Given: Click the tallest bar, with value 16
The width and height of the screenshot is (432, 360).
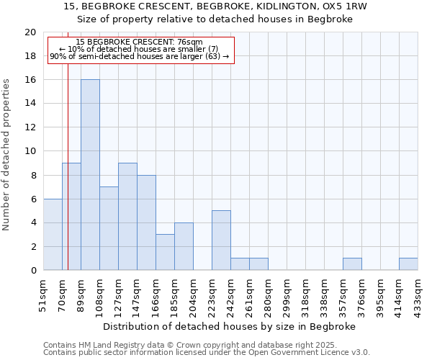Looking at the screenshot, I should click(90, 175).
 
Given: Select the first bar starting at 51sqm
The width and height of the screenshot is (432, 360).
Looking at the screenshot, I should click(53, 235).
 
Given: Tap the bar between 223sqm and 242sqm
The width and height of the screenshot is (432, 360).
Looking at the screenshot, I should click(221, 240).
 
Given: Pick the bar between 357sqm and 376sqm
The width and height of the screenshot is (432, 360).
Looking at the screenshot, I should click(352, 264).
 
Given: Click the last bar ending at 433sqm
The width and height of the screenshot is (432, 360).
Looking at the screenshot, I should click(408, 264).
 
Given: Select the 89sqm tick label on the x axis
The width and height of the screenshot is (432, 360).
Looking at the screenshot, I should click(81, 294).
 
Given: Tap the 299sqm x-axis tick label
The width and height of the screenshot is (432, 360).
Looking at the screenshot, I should click(287, 294).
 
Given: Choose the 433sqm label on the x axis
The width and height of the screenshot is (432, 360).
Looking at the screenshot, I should click(418, 294).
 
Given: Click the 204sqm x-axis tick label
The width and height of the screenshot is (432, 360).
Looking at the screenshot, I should click(194, 294).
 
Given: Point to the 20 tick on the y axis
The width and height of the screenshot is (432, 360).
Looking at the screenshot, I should click(30, 32).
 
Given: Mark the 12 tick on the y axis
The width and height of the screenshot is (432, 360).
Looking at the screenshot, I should click(30, 127).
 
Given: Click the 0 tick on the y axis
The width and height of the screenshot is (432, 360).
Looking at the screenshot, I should click(33, 270).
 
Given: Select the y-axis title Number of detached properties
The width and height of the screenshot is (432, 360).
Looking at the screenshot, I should click(6, 155).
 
